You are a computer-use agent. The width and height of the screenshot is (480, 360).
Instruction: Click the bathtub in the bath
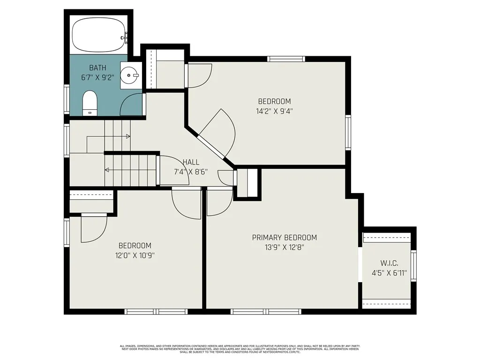[99, 36]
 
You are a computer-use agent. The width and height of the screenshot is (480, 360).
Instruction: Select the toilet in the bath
[90, 103]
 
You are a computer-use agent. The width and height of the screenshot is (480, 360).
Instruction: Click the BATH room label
[97, 68]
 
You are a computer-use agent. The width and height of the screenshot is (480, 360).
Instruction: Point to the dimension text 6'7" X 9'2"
[97, 78]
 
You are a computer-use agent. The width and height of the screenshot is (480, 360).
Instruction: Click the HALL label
[191, 162]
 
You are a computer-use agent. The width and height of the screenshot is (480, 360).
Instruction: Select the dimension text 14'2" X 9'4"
[275, 111]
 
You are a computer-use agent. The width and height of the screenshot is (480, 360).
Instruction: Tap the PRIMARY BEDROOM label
[284, 238]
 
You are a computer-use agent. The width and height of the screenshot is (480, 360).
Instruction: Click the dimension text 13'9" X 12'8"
[284, 248]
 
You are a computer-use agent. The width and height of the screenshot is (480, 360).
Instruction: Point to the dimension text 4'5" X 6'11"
[389, 273]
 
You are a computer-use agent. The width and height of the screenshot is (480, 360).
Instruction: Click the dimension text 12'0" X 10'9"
[135, 255]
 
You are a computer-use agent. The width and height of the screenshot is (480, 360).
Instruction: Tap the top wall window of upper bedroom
[286, 59]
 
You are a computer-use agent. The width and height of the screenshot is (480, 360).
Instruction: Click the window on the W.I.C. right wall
[413, 266]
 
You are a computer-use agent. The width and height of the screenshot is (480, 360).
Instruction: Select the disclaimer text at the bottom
[240, 349]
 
